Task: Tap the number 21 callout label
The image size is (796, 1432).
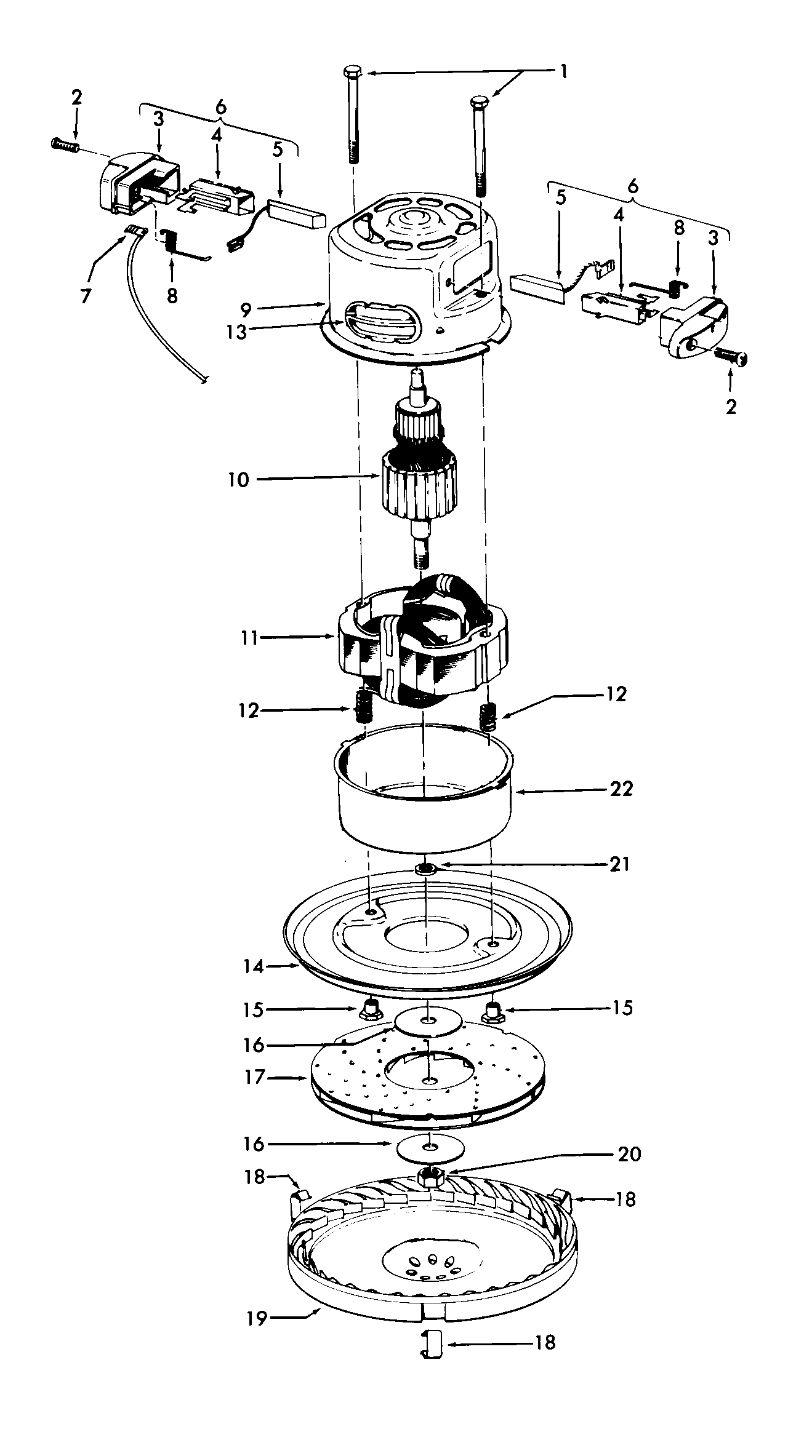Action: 619,864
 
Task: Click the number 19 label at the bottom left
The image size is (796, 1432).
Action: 257,1319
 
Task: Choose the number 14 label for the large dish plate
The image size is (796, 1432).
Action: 253,967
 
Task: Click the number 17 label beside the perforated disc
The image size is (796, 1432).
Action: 254,1077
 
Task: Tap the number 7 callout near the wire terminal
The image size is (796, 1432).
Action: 86,296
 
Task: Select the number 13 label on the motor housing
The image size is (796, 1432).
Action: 236,332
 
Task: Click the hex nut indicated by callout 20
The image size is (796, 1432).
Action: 432,1177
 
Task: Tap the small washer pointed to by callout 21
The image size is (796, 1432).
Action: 425,869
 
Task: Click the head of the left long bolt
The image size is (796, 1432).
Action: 353,71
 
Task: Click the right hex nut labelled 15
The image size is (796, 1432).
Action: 492,1011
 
